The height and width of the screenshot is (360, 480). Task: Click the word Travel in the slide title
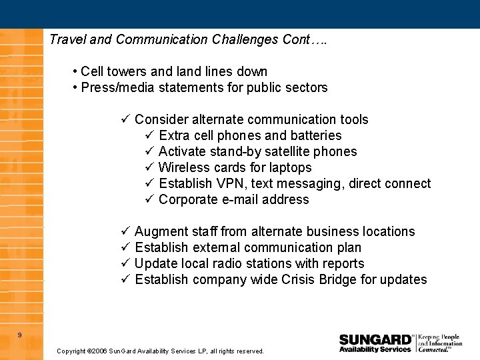tap(67, 39)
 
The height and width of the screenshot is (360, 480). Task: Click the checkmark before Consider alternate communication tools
tap(125, 119)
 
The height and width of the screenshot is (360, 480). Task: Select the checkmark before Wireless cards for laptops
tap(149, 167)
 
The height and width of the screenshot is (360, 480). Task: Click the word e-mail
tap(240, 199)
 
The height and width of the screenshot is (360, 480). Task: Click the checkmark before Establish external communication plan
tap(125, 247)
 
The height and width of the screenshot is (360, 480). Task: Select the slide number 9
tap(19, 335)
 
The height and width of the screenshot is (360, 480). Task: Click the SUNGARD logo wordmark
tap(375, 339)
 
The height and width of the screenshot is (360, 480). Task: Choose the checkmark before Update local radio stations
tap(125, 263)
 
